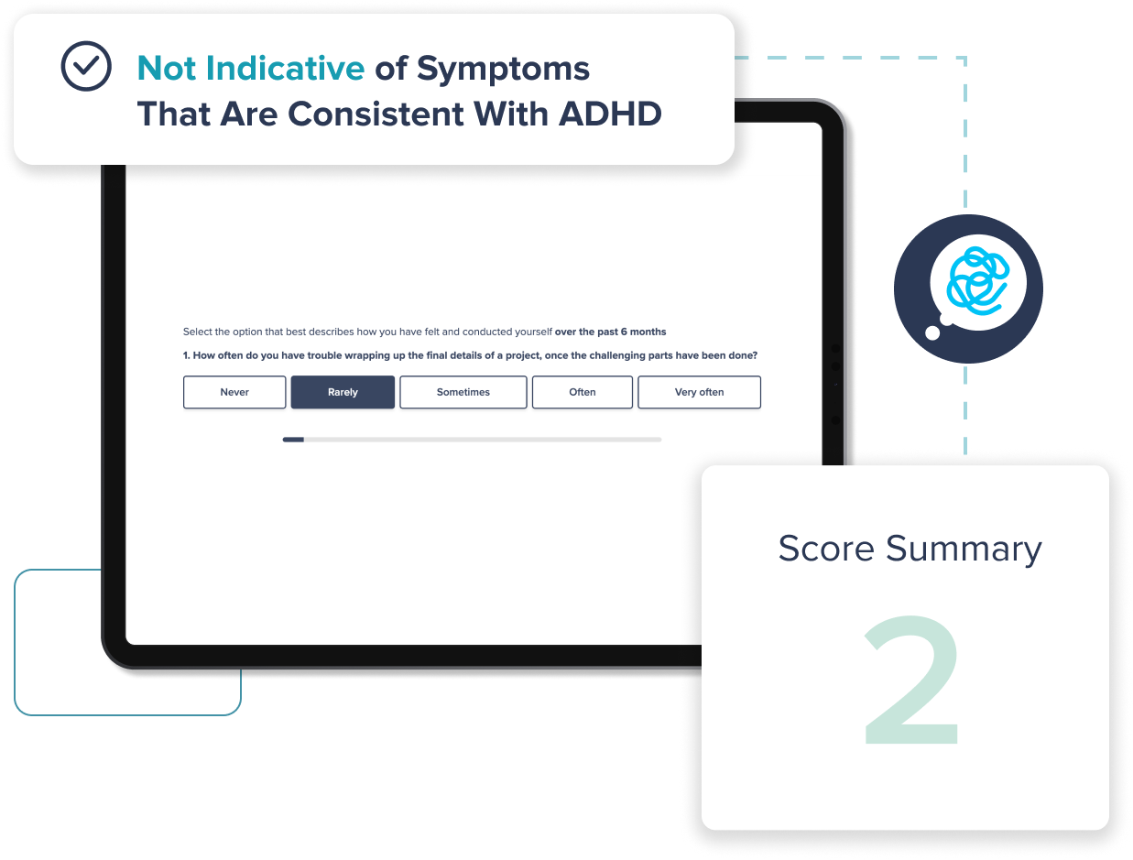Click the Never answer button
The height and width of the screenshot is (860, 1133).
pos(234,392)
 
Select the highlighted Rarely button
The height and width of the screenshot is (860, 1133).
pos(343,392)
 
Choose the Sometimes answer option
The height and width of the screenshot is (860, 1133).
pos(463,392)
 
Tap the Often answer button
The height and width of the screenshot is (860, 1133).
pos(582,392)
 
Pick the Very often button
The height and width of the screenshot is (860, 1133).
pos(699,392)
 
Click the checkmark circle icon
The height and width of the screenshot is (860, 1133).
pos(86,66)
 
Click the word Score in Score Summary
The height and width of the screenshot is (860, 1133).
pos(826,549)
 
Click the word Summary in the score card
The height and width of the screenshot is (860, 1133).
pos(964,549)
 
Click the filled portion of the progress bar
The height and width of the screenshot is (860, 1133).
pos(293,440)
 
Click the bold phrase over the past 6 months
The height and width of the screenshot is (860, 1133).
pos(610,332)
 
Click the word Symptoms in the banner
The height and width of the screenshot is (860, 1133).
pos(503,68)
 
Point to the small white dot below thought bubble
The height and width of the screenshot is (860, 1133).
pos(932,332)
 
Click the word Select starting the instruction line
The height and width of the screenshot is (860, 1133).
pos(198,332)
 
